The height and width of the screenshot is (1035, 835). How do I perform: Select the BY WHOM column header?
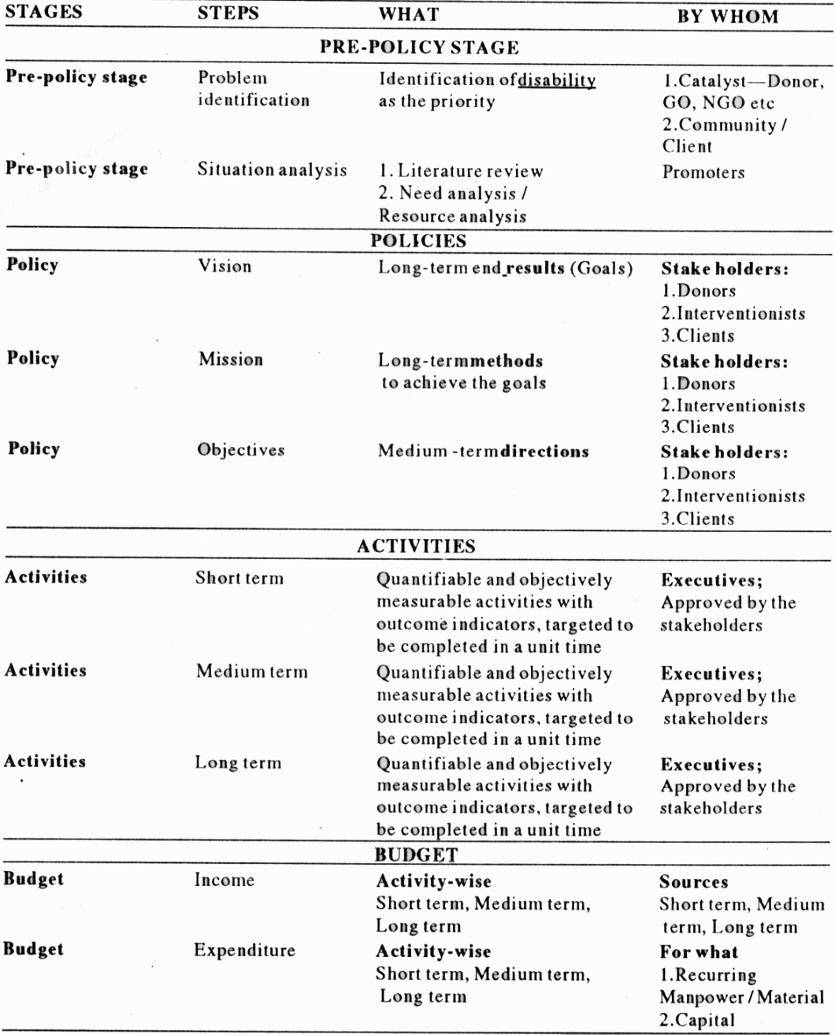click(x=728, y=17)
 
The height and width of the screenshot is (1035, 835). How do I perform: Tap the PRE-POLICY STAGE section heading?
click(x=419, y=47)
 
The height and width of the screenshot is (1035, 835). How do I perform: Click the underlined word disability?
click(x=557, y=80)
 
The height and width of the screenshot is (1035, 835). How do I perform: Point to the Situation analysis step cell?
click(x=272, y=169)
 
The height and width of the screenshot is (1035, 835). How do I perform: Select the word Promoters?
click(x=703, y=173)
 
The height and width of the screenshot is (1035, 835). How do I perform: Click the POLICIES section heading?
click(x=418, y=241)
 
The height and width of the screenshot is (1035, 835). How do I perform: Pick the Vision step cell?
click(x=225, y=266)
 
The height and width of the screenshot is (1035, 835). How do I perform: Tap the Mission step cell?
click(x=231, y=359)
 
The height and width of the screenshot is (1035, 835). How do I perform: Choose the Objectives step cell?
click(x=241, y=450)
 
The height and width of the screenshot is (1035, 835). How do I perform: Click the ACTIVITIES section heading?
click(x=416, y=546)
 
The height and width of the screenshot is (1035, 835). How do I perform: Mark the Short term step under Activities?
click(x=239, y=578)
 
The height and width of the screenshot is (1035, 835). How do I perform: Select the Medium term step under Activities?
click(x=251, y=672)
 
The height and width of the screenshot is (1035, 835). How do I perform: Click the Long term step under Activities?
click(x=238, y=763)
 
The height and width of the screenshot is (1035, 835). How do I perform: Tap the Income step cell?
click(x=225, y=880)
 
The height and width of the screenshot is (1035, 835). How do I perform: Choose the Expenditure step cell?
click(x=244, y=950)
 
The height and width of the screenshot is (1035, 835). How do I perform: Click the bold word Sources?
click(x=693, y=882)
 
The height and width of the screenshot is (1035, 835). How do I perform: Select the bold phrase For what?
click(x=699, y=952)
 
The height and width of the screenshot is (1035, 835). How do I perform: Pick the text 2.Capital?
click(x=697, y=1021)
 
